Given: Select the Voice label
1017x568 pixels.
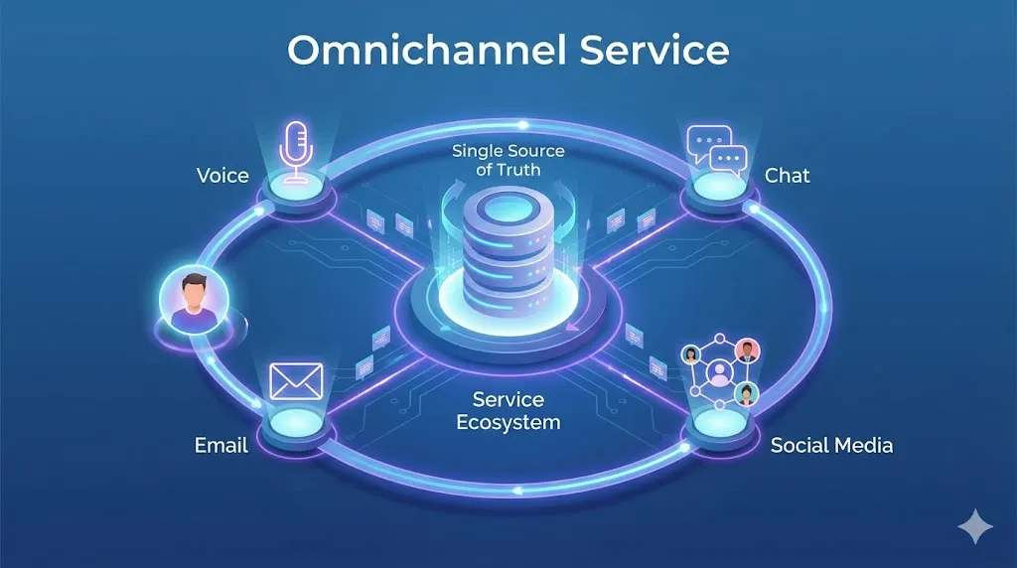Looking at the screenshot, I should pyautogui.click(x=222, y=176).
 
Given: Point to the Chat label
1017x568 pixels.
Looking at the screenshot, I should pyautogui.click(x=787, y=176).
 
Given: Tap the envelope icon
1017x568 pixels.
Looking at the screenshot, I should pyautogui.click(x=297, y=379).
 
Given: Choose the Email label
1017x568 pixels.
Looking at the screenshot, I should pyautogui.click(x=220, y=445).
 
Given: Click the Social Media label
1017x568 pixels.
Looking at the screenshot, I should pyautogui.click(x=831, y=445).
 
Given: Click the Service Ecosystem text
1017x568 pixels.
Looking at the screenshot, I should pyautogui.click(x=508, y=410).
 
